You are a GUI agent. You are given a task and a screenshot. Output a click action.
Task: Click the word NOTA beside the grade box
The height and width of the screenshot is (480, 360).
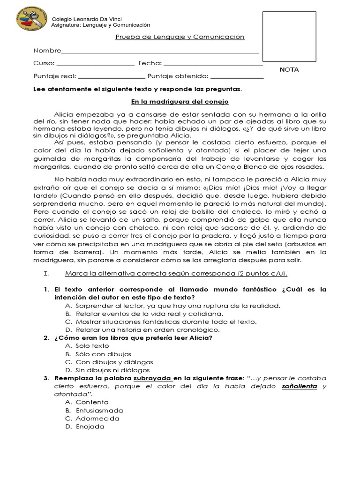tap(289, 70)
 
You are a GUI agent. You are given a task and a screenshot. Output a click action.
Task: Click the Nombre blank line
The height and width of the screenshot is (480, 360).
tap(160, 52)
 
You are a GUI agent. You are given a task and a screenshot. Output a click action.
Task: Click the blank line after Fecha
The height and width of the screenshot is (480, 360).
tap(213, 65)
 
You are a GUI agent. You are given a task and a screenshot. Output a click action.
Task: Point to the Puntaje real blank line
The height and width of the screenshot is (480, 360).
tap(111, 78)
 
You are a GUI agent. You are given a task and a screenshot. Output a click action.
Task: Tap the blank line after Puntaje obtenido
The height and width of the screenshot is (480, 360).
tap(237, 78)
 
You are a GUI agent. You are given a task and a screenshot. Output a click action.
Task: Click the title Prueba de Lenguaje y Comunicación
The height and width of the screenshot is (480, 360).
tap(180, 37)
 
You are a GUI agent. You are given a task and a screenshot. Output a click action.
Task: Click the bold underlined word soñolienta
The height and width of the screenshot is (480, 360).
tap(300, 386)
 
